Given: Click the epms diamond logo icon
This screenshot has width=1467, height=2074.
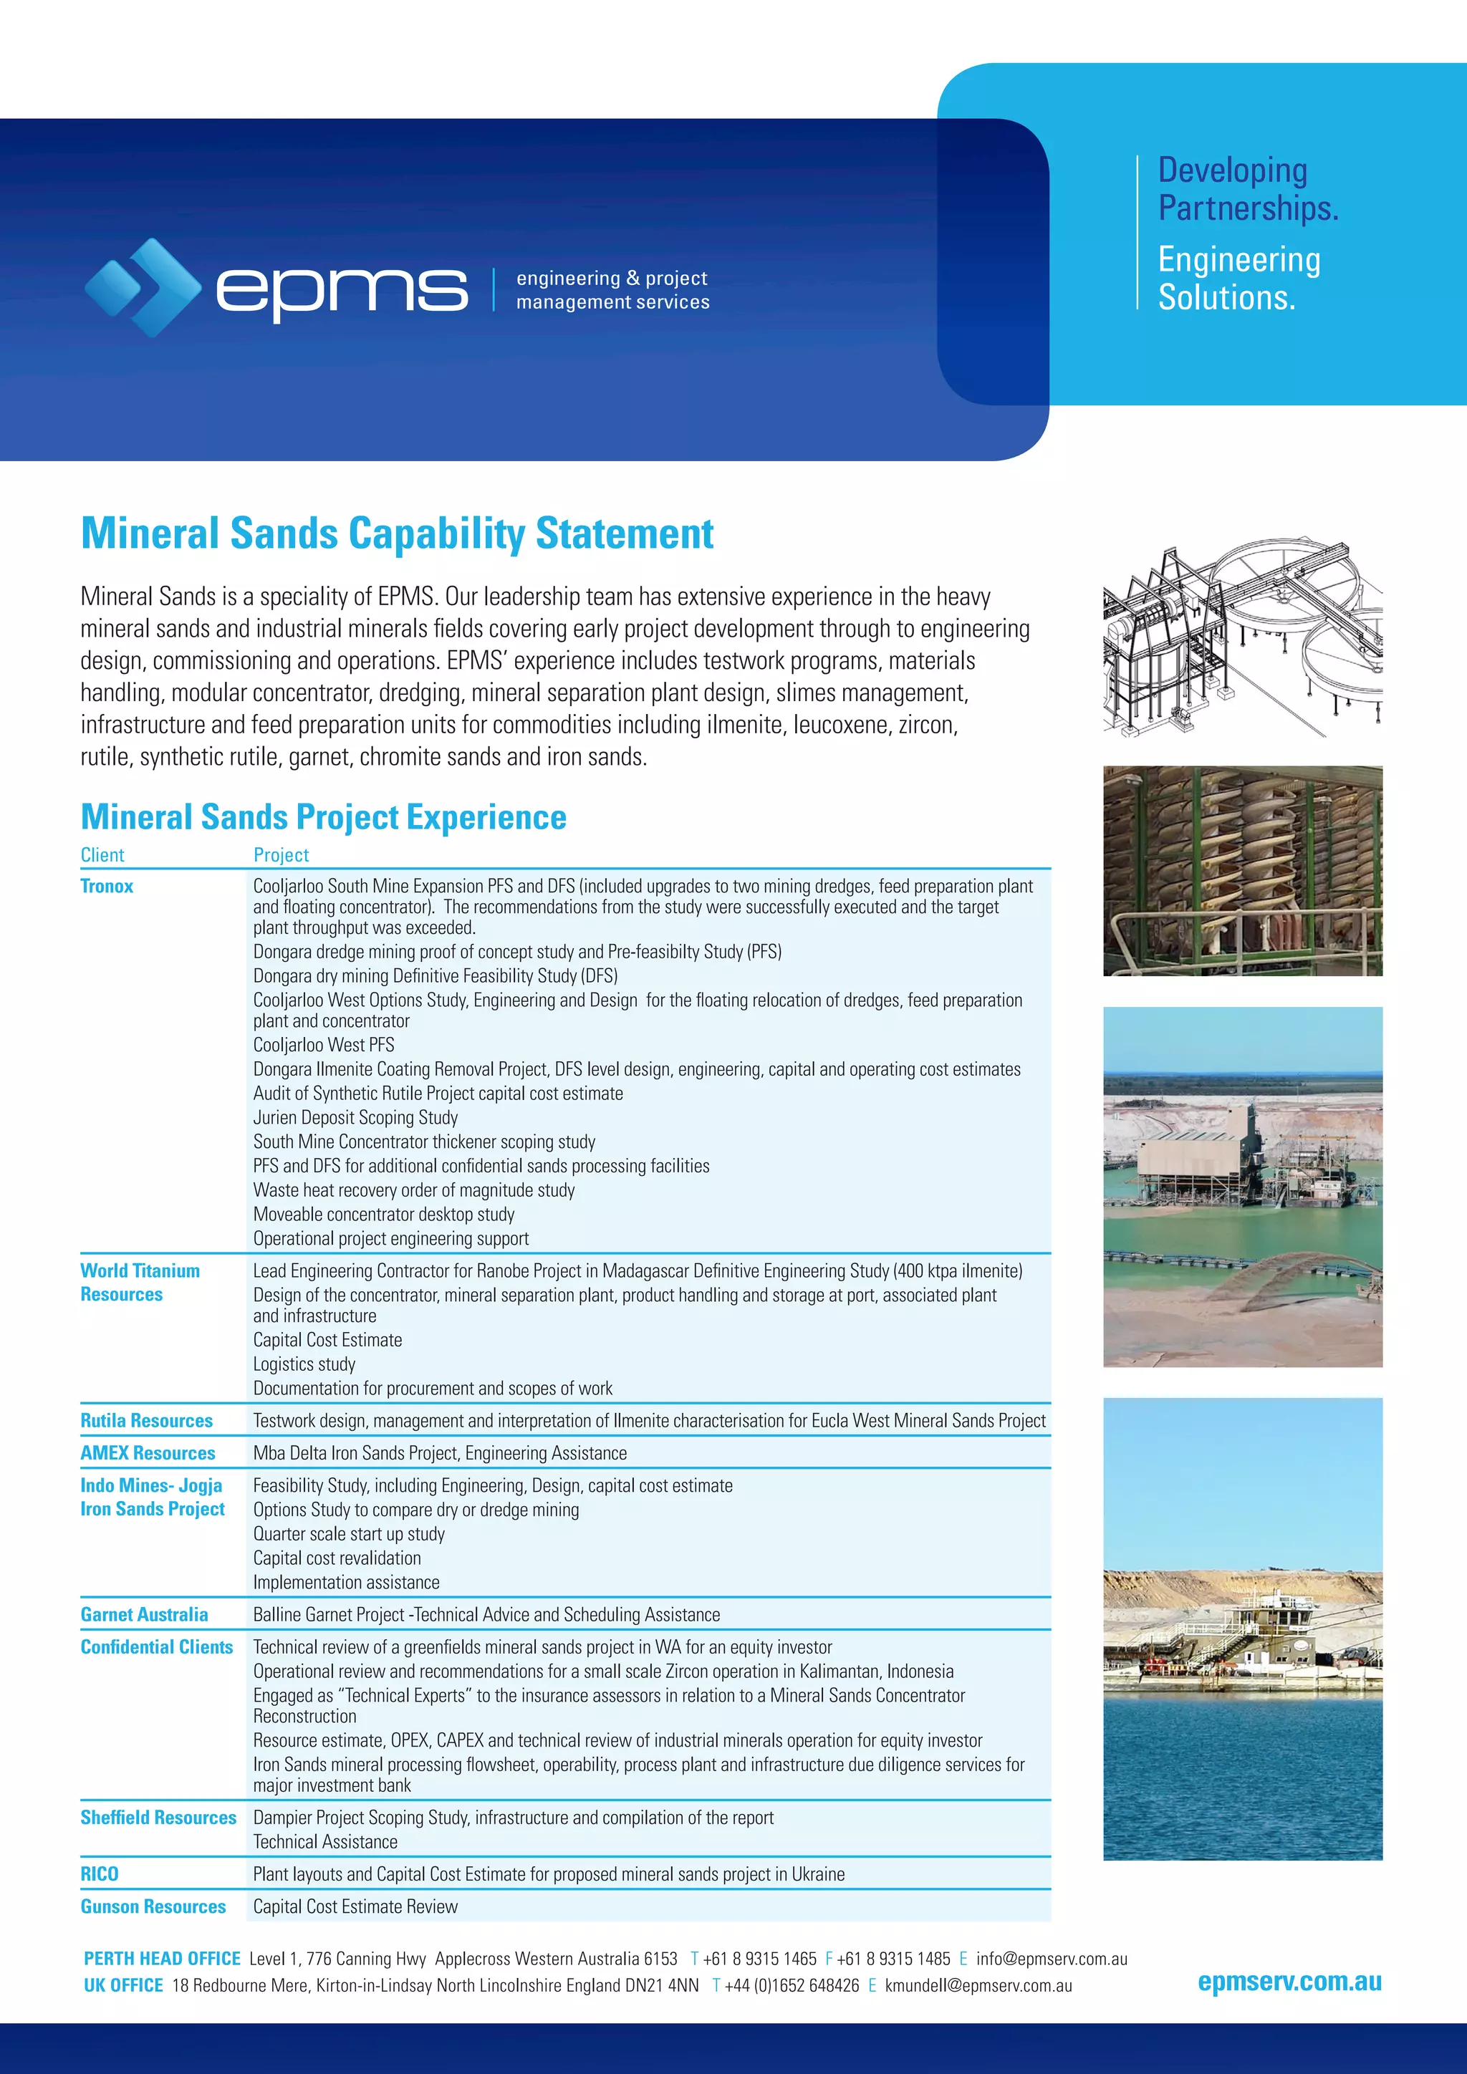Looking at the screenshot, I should (143, 287).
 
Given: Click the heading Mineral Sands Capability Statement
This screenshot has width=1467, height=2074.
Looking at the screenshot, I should (397, 533).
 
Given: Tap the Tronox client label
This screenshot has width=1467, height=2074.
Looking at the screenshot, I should (107, 886).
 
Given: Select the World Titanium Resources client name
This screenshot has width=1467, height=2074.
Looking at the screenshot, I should (140, 1282).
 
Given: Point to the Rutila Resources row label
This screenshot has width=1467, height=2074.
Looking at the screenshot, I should (146, 1420).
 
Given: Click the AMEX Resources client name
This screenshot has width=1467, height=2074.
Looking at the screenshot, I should (148, 1452).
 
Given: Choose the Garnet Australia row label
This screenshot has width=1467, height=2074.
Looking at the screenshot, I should (144, 1614).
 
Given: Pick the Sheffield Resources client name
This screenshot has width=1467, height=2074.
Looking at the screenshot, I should (158, 1818).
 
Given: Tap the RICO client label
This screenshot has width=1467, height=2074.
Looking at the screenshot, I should (100, 1873).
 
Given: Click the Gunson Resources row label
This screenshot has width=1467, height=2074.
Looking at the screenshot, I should (153, 1906).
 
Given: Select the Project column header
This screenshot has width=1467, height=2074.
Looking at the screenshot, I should (281, 854).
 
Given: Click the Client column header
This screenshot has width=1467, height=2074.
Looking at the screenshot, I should (102, 854).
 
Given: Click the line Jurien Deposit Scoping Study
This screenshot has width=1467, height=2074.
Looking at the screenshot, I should (355, 1117).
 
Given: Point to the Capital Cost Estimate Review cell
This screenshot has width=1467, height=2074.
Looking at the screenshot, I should (355, 1906).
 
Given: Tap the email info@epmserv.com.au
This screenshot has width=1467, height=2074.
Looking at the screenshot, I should (1052, 1959).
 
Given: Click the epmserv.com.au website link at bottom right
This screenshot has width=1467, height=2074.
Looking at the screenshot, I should (1289, 1981).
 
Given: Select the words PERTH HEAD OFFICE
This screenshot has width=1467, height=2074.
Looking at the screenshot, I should (162, 1959).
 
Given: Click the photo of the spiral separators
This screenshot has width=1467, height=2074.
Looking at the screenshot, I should (1242, 871).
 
